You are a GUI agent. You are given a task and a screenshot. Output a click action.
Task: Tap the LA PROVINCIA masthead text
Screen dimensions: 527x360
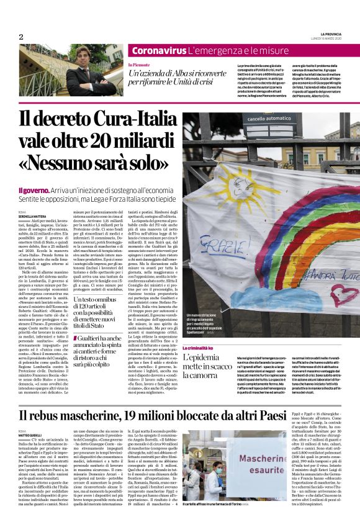[333, 33]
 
